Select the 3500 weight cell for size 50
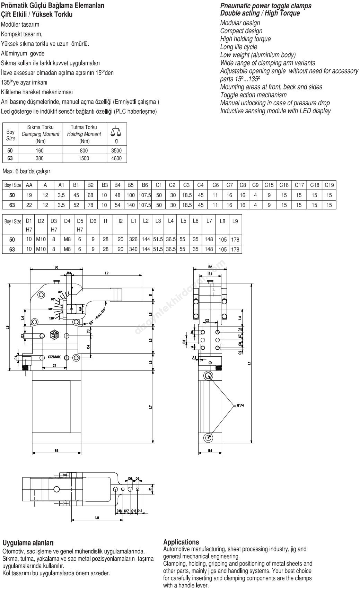[116, 150]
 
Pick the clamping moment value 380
[41, 158]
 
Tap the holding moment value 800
[84, 150]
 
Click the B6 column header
[145, 185]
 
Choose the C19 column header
[329, 185]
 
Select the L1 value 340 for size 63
[133, 249]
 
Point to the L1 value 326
[133, 239]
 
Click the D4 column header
[67, 221]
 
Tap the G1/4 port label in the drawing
[241, 405]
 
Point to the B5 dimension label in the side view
[56, 450]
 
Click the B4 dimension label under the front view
[210, 450]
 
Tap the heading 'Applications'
[181, 542]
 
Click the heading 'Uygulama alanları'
[28, 542]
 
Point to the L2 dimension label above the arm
[107, 273]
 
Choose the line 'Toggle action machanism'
[253, 95]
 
